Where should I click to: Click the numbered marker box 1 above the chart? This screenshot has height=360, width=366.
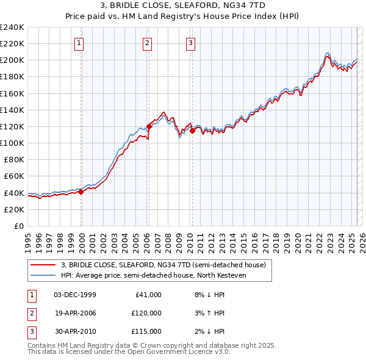(81, 43)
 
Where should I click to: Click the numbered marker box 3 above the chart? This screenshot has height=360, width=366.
(191, 43)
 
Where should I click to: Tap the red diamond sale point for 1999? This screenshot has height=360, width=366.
(81, 192)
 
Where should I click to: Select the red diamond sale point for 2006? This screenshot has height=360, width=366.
(149, 126)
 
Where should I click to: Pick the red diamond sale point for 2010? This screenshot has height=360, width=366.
(192, 131)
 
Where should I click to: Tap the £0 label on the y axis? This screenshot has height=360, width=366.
(18, 226)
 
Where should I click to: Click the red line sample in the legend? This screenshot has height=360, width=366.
(43, 265)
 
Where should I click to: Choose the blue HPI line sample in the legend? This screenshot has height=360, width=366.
(43, 276)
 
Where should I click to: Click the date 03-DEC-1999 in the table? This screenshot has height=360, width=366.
(75, 295)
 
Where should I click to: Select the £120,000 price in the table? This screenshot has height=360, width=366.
(146, 313)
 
